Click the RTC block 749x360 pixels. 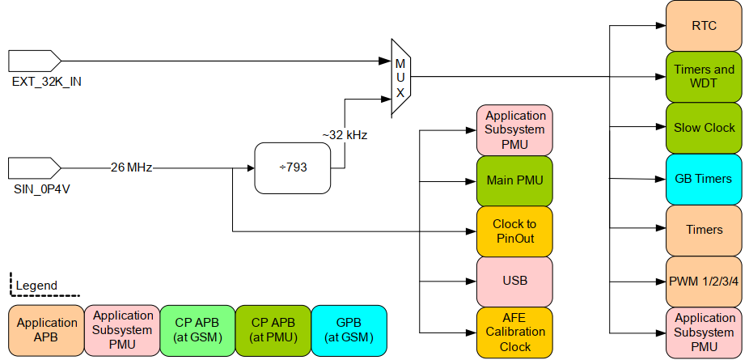pyautogui.click(x=704, y=26)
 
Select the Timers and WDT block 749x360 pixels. pyautogui.click(x=704, y=77)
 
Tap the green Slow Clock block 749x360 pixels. pyautogui.click(x=704, y=128)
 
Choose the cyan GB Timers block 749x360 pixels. pyautogui.click(x=704, y=179)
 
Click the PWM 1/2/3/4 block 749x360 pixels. pyautogui.click(x=704, y=281)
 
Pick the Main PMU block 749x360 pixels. pyautogui.click(x=515, y=180)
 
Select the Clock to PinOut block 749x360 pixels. pyautogui.click(x=515, y=231)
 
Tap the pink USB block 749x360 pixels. pyautogui.click(x=515, y=281)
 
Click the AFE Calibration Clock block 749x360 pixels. pyautogui.click(x=515, y=332)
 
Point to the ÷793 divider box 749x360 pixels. pyautogui.click(x=293, y=168)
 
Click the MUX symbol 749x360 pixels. pyautogui.click(x=400, y=78)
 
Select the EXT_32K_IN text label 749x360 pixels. pyautogui.click(x=46, y=82)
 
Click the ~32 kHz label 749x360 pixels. pyautogui.click(x=345, y=135)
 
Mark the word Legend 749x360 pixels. pyautogui.click(x=36, y=285)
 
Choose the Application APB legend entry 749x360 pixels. pyautogui.click(x=47, y=329)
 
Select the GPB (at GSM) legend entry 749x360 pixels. pyautogui.click(x=349, y=329)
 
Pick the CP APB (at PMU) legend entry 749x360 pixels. pyautogui.click(x=273, y=329)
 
